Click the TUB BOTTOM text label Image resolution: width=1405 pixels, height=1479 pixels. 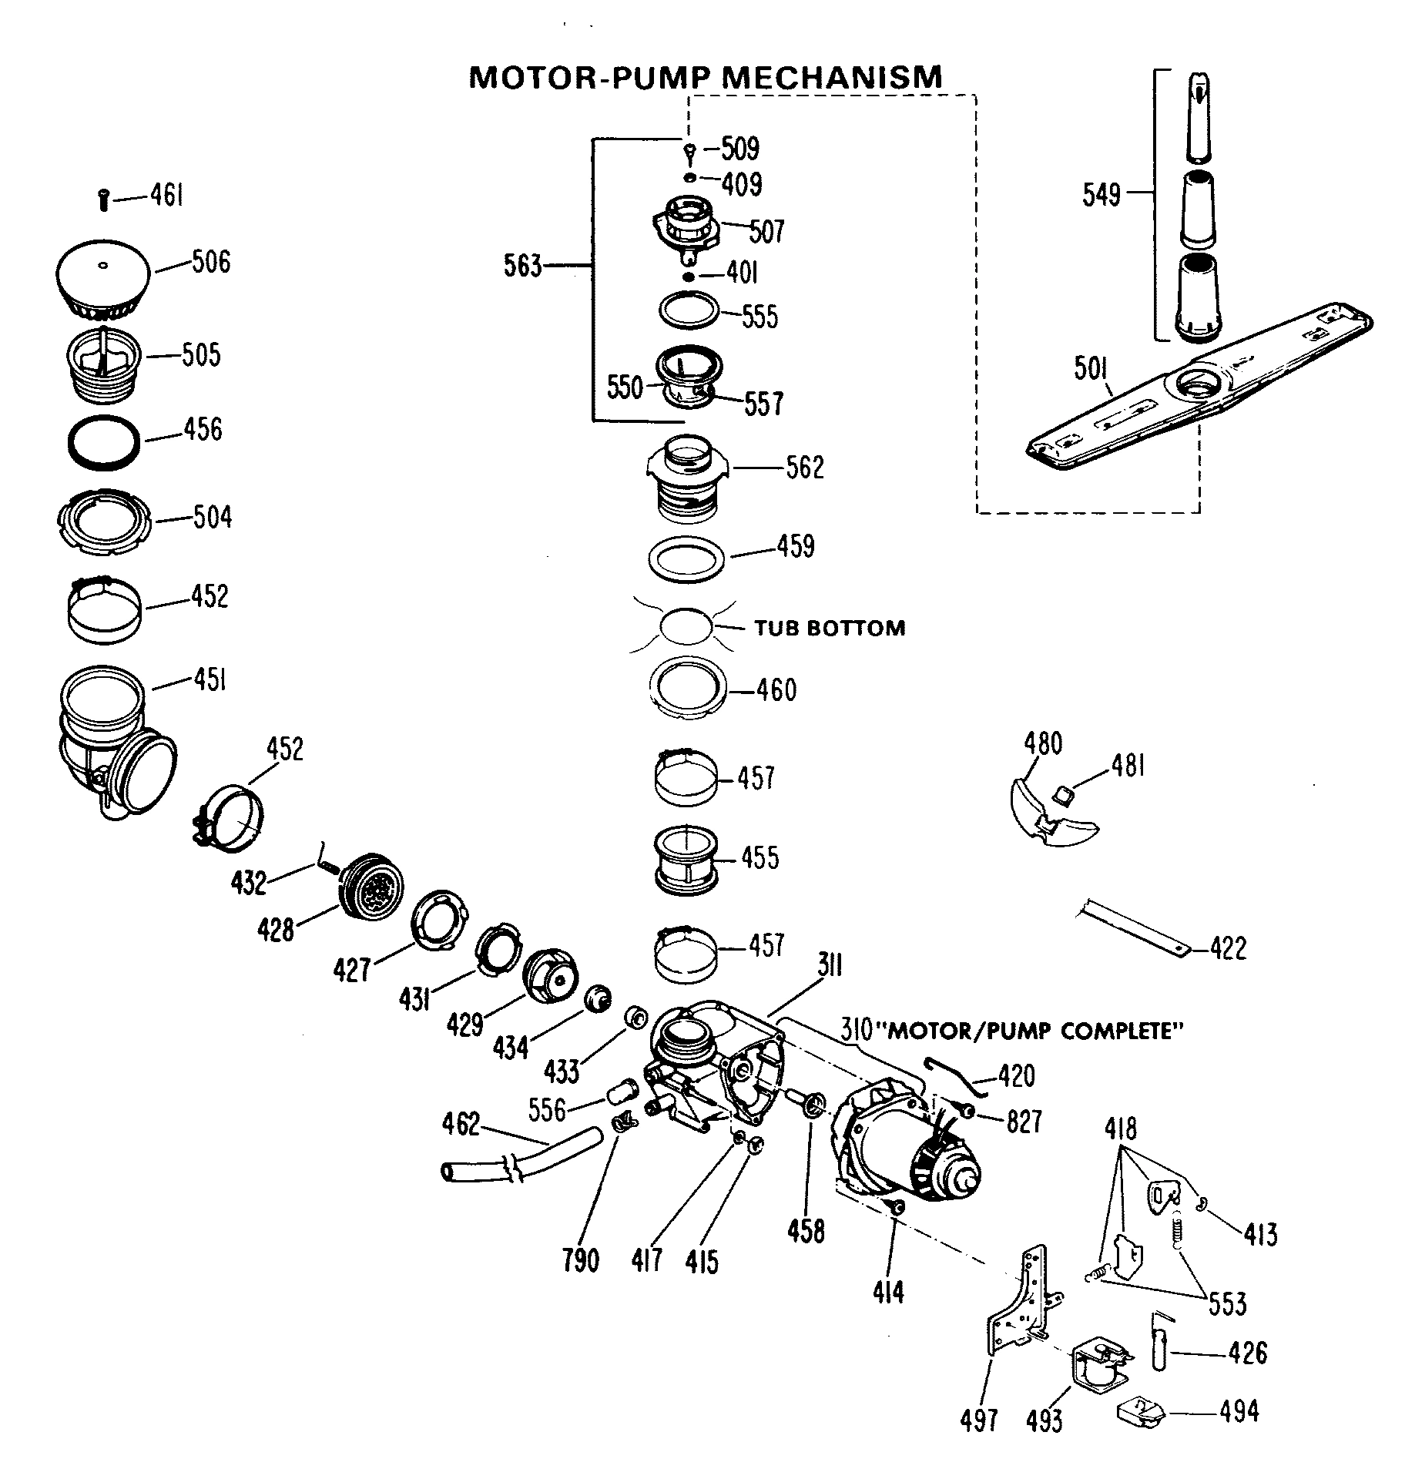(x=829, y=628)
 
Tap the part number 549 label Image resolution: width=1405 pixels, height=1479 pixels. (x=1101, y=195)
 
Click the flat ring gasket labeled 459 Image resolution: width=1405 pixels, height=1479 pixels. (x=687, y=557)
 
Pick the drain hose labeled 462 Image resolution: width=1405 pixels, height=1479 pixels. (x=508, y=1155)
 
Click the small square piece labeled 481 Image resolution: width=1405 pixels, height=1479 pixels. (x=1064, y=793)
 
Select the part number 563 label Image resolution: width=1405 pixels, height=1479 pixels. (x=523, y=267)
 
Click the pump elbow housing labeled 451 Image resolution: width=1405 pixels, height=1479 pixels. (x=112, y=739)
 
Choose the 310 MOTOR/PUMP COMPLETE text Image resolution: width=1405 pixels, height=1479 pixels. (x=1010, y=1031)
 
